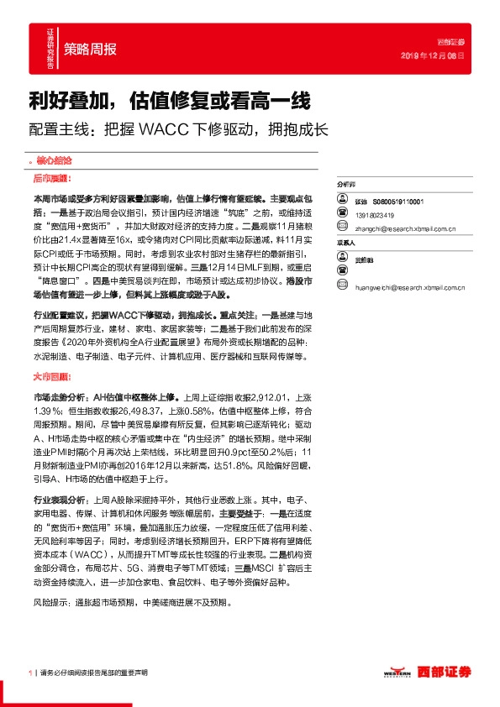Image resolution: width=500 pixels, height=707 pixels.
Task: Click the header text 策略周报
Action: pyautogui.click(x=91, y=49)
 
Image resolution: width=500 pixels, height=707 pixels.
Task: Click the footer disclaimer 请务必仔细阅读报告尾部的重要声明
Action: pyautogui.click(x=94, y=673)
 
